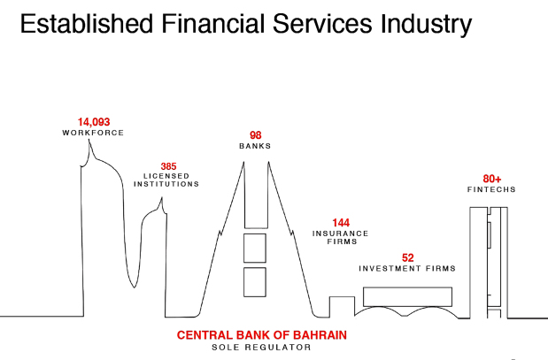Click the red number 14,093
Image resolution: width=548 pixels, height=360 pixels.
coord(94,122)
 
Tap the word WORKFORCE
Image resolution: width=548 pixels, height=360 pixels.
coord(93,133)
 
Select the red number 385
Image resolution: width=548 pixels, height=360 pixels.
coord(168,166)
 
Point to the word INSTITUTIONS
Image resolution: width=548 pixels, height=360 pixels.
coord(166,184)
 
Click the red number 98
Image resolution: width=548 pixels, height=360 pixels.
coord(256,135)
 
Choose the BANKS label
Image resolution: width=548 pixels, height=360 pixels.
coord(255,146)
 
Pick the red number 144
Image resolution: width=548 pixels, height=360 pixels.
coord(341,223)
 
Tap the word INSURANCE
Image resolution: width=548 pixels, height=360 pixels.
coord(341,234)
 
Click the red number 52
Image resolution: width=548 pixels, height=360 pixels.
coord(408,257)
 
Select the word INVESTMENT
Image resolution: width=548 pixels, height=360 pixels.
coord(390,269)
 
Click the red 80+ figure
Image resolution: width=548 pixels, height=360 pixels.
coord(492,179)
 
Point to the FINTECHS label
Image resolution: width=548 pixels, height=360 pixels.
coord(491,189)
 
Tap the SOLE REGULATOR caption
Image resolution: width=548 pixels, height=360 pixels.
coord(261,348)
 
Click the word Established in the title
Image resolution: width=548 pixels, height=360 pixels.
coord(87,24)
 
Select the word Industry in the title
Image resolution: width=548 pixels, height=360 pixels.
coord(427,25)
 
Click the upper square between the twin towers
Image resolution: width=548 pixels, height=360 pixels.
coord(255,248)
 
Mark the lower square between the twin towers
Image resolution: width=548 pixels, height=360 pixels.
coord(255,282)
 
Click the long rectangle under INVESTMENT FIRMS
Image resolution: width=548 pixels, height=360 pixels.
coord(407,297)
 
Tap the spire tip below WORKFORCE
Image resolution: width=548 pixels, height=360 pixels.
coord(89,140)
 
